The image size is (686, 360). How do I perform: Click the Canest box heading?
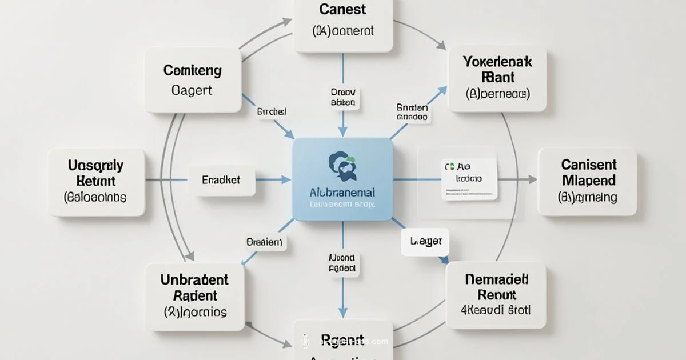(343, 10)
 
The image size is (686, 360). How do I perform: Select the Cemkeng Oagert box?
(192, 80)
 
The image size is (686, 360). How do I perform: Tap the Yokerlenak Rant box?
(497, 79)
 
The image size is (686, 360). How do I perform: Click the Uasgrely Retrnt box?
(95, 182)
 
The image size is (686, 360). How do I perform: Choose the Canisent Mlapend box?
(587, 181)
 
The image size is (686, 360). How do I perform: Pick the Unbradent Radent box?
(194, 295)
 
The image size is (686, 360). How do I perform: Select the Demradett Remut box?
(496, 295)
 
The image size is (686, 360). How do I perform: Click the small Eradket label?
(221, 180)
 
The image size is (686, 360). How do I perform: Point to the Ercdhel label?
(272, 113)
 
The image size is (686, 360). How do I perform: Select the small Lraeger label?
(425, 242)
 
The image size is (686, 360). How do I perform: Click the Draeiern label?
(264, 242)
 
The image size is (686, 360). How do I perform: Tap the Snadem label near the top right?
(412, 111)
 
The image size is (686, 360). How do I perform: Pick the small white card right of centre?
(469, 179)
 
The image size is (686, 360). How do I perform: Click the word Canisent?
(588, 165)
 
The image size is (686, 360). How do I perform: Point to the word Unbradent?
(194, 280)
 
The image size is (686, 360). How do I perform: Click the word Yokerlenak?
(497, 62)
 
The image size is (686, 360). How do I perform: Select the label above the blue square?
(343, 97)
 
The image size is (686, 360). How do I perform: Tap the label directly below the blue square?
(342, 263)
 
